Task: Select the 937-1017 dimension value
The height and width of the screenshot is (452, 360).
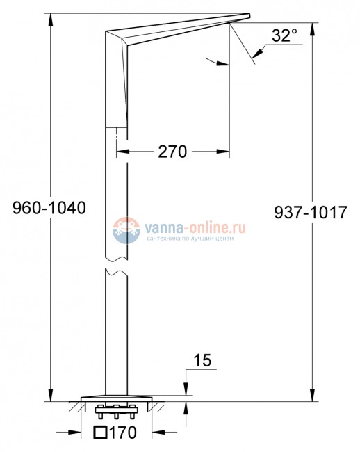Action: pyautogui.click(x=311, y=214)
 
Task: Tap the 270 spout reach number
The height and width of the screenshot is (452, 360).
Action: pyautogui.click(x=172, y=152)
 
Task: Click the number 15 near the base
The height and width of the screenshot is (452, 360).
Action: pyautogui.click(x=202, y=360)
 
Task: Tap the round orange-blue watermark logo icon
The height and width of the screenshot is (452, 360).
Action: pyautogui.click(x=126, y=229)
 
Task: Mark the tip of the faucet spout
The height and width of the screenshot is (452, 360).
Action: pyautogui.click(x=249, y=15)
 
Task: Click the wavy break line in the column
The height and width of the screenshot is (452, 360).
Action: pyautogui.click(x=117, y=270)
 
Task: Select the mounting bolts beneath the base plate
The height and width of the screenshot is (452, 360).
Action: pyautogui.click(x=117, y=409)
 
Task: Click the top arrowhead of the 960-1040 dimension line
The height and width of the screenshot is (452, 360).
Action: pyautogui.click(x=51, y=18)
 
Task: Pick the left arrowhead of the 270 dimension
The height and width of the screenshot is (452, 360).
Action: pyautogui.click(x=120, y=152)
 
